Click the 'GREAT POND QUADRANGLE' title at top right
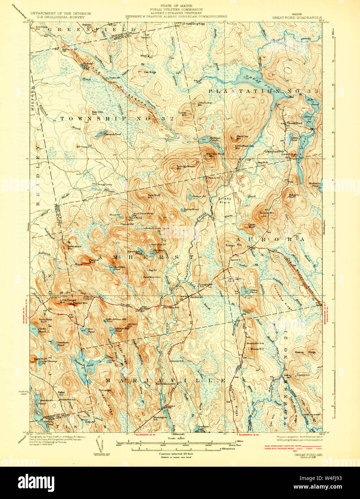(297, 17)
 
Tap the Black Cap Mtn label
(242, 137)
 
